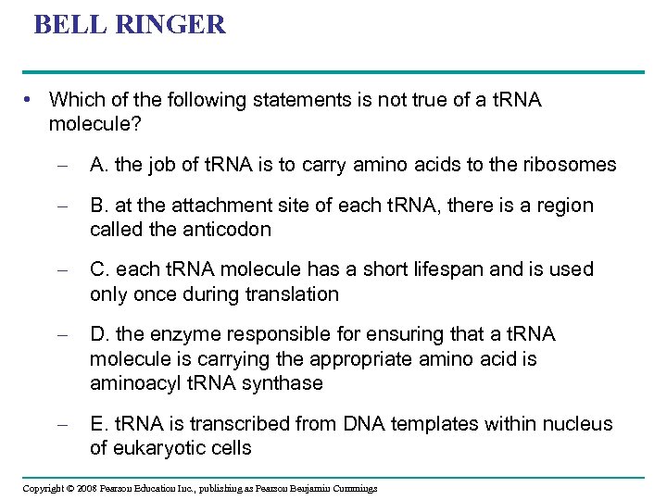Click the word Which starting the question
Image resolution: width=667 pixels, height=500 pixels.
(75, 99)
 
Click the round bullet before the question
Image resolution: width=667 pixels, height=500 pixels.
(31, 99)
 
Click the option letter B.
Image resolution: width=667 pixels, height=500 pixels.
(96, 205)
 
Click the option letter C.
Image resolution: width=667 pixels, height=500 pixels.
(97, 269)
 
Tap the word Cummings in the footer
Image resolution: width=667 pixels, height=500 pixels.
(352, 488)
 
